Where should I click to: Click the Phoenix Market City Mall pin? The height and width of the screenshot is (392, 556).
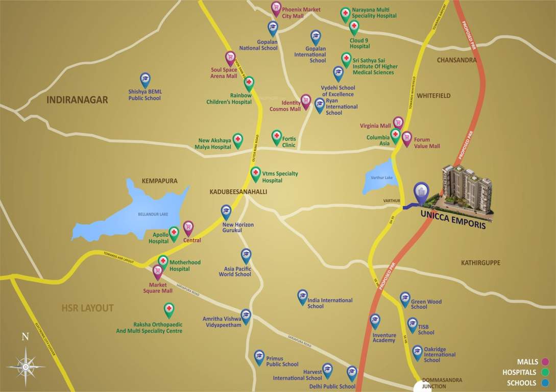[x=276, y=8]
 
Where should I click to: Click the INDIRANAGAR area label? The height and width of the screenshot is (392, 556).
[x=77, y=100]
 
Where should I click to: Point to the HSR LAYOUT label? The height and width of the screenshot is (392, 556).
[x=87, y=308]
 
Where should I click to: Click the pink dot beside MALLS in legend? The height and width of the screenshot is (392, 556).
[x=546, y=362]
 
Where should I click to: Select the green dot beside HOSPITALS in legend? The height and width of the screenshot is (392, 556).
[x=546, y=372]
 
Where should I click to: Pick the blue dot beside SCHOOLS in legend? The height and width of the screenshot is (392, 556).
[x=546, y=383]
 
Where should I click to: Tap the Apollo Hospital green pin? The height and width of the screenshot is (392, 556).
[x=174, y=233]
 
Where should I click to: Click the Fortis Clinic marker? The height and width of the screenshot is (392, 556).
[x=277, y=136]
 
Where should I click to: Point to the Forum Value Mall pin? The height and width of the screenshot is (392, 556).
[x=406, y=138]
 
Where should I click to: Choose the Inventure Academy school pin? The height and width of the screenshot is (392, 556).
[x=375, y=320]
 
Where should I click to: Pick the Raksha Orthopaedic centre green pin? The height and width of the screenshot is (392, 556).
[x=168, y=309]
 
